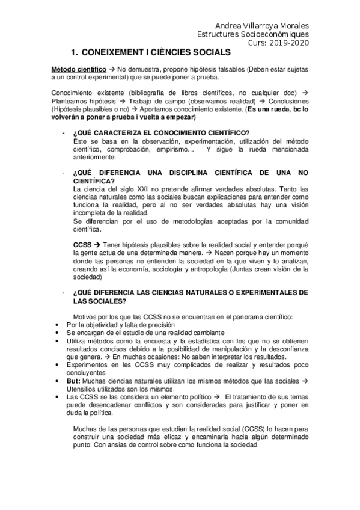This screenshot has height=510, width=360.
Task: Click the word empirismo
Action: click(172, 149)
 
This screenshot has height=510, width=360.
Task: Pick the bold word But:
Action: click(74, 381)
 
